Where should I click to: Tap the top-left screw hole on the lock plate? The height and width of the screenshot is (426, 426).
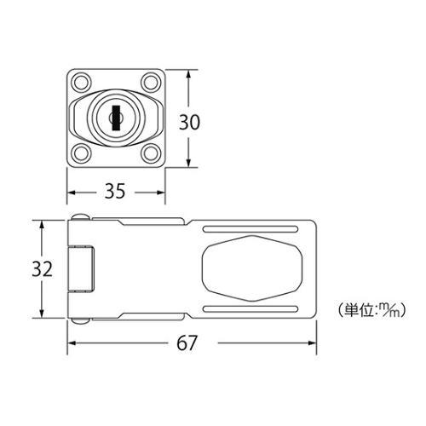82,83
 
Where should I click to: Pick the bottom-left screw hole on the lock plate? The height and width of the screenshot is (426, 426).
82,153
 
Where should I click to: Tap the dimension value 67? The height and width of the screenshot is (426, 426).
188,343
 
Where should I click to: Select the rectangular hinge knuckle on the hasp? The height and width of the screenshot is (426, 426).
84,269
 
